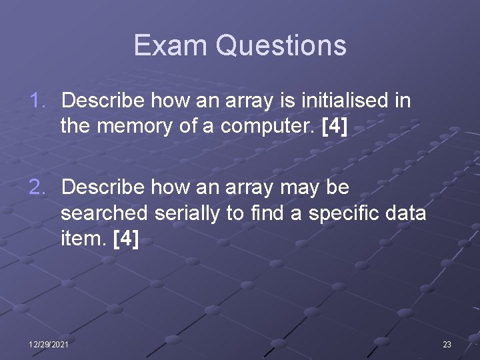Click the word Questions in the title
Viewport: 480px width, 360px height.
pos(281,45)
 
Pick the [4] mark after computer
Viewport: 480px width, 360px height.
pos(335,126)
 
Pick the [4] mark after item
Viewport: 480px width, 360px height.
pos(126,238)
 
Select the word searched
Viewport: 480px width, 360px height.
pos(104,213)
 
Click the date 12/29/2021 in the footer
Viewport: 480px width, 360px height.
pos(48,344)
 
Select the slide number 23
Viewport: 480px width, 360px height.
pos(447,344)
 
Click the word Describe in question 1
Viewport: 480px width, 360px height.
pos(103,101)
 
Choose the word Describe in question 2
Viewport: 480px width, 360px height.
pos(103,188)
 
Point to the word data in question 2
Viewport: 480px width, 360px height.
pos(405,213)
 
